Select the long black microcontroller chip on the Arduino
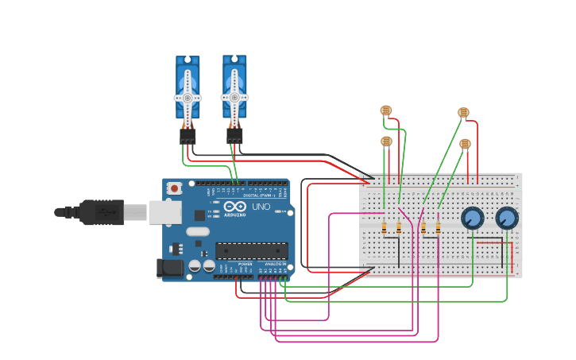(251, 251)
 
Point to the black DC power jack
(169, 269)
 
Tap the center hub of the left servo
(187, 98)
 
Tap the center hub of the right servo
(234, 97)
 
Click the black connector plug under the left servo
(187, 137)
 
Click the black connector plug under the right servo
(234, 137)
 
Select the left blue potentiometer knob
(473, 218)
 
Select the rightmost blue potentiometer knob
(507, 218)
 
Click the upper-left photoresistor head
(386, 110)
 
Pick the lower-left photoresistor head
(386, 141)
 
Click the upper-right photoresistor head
(464, 113)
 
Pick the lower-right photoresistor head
(465, 144)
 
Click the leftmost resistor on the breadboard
(385, 228)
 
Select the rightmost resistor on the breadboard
(437, 228)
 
